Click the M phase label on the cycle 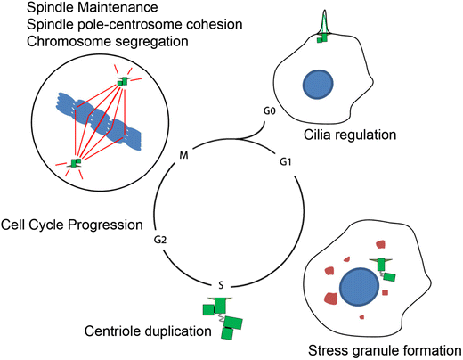point(183,155)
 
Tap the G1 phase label point(286,162)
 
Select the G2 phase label point(160,240)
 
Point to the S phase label point(221,285)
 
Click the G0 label point(270,111)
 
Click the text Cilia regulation point(350,135)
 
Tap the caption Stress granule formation point(385,350)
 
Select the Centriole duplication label point(148,331)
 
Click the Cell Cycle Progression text point(72,225)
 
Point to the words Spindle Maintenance point(93,7)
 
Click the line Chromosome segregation point(108,41)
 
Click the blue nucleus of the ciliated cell point(318,84)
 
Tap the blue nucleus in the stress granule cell point(359,285)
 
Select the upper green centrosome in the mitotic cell point(123,81)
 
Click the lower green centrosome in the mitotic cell point(76,162)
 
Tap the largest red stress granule point(330,299)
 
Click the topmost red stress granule point(381,244)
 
